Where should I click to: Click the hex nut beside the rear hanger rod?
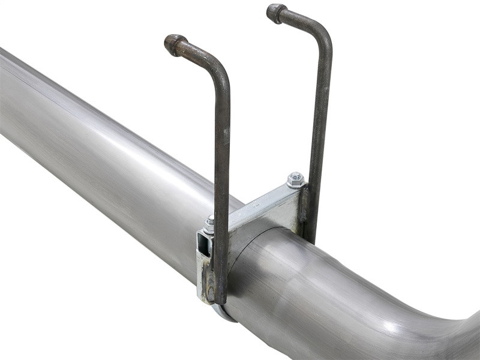point(295,179)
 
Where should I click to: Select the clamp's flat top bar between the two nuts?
point(258,204)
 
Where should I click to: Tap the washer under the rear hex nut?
point(295,185)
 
